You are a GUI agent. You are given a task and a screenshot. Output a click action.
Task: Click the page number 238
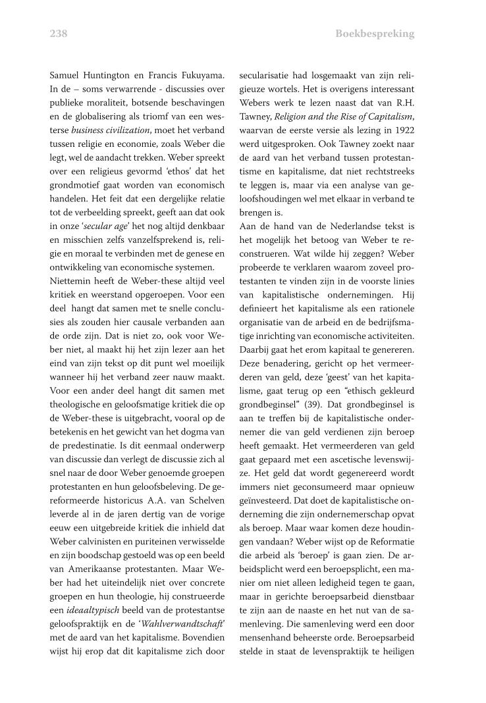pos(59,34)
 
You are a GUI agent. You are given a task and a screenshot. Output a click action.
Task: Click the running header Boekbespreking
pos(375,34)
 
